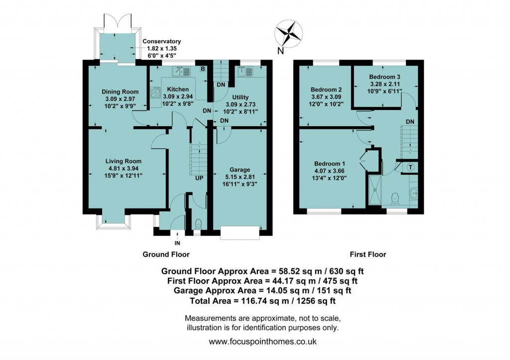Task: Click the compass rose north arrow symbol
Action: pos(289,34)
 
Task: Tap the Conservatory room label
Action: pos(161,41)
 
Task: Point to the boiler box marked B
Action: pos(202,69)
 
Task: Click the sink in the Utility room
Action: pos(246,73)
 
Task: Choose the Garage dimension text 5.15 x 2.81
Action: pos(240,176)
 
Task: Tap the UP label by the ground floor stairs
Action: pos(199,178)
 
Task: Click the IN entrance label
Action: pos(177,243)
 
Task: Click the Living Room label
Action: pos(123,161)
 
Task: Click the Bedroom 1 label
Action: pos(330,163)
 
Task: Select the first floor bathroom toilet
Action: pos(396,199)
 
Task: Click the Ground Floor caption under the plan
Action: pos(166,254)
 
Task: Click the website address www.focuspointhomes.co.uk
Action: pos(262,342)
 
